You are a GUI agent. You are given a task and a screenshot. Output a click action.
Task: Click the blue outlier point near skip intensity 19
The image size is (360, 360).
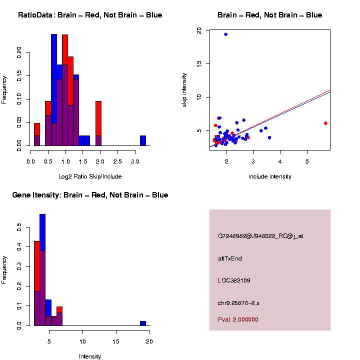tap(226, 34)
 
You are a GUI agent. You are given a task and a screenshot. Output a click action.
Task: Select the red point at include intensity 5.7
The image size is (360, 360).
tap(325, 123)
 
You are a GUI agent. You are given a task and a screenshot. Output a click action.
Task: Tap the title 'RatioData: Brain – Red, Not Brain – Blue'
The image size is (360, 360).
tap(90, 15)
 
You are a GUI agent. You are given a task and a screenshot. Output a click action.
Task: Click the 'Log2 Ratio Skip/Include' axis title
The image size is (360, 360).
tap(90, 176)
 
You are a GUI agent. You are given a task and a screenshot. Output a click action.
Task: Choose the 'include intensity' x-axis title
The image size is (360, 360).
tap(270, 176)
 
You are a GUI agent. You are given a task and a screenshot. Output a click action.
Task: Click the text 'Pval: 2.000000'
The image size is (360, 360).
tap(238, 319)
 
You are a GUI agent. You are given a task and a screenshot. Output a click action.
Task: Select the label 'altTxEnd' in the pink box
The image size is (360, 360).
tap(230, 258)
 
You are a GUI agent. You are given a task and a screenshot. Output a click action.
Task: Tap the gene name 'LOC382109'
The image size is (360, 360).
tap(234, 280)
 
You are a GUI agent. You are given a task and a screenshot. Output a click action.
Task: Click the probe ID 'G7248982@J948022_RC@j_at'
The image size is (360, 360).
tap(260, 236)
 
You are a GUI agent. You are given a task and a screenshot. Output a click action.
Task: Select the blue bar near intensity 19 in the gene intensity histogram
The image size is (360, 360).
tap(143, 323)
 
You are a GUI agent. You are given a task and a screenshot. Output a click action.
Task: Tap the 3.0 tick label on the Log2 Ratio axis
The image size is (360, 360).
tap(135, 162)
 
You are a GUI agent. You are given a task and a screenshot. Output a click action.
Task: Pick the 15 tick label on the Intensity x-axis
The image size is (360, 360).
tap(116, 341)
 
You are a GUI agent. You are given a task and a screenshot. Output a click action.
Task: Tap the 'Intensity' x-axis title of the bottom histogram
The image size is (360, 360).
tap(90, 356)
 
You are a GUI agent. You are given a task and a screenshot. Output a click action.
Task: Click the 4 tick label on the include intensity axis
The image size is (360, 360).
tap(280, 162)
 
